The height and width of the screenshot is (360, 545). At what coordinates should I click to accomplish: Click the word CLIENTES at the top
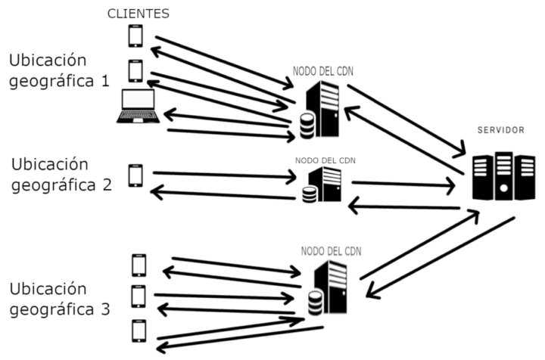[x=139, y=13]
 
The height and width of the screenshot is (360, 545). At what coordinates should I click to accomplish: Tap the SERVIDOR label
[x=501, y=130]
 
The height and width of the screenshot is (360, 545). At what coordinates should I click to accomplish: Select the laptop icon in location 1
[x=138, y=106]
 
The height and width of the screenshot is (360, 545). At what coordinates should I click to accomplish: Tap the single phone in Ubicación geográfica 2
[x=135, y=175]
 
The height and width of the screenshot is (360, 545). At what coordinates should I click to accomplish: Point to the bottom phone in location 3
[x=139, y=331]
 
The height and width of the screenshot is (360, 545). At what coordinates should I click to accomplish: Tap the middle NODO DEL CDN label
[x=325, y=160]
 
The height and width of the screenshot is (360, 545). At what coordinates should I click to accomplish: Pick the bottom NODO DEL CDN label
[x=330, y=250]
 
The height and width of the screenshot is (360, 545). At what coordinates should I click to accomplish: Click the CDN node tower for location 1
[x=328, y=110]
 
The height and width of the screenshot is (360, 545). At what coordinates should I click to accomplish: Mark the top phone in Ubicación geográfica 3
[x=139, y=265]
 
